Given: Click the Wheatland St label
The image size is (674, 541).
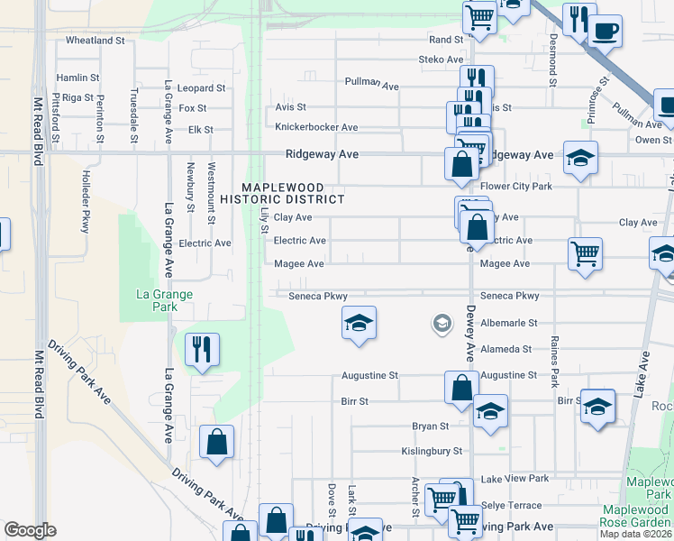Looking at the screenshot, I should tap(95, 41).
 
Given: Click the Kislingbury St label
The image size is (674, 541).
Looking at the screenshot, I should tap(432, 451).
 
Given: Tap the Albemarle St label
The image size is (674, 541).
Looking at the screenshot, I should tap(508, 322).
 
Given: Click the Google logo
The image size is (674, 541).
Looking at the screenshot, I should tap(30, 530).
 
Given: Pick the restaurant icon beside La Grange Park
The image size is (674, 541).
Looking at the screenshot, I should tap(201, 349).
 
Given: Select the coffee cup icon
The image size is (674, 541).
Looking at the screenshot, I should tap(605, 32).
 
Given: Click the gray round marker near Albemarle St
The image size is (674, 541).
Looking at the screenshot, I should tap(442, 323).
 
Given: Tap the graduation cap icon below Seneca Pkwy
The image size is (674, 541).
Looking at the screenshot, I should tap(359, 324).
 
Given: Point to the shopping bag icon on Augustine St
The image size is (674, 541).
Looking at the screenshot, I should tap(461, 388).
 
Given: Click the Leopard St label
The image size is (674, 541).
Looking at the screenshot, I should tap(201, 88).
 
